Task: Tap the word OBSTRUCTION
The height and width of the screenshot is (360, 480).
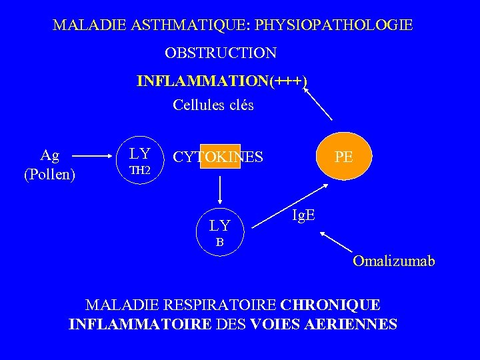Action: [x=221, y=52]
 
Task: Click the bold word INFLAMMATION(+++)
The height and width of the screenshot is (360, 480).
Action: [x=222, y=81]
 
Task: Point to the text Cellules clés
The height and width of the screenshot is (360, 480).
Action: [x=213, y=105]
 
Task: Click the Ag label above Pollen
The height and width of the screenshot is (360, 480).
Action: [x=49, y=155]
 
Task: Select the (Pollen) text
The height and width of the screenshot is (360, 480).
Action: [x=49, y=175]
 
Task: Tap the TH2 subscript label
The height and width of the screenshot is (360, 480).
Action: [x=140, y=171]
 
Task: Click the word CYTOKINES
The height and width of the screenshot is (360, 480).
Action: [x=218, y=157]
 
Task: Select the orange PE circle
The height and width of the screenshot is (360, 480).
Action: [x=344, y=157]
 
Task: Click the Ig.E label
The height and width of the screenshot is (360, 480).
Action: [x=305, y=215]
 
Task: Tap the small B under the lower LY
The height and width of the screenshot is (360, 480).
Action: [x=219, y=243]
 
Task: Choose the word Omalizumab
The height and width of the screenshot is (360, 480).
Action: [x=393, y=261]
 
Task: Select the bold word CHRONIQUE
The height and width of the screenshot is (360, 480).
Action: [x=331, y=305]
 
